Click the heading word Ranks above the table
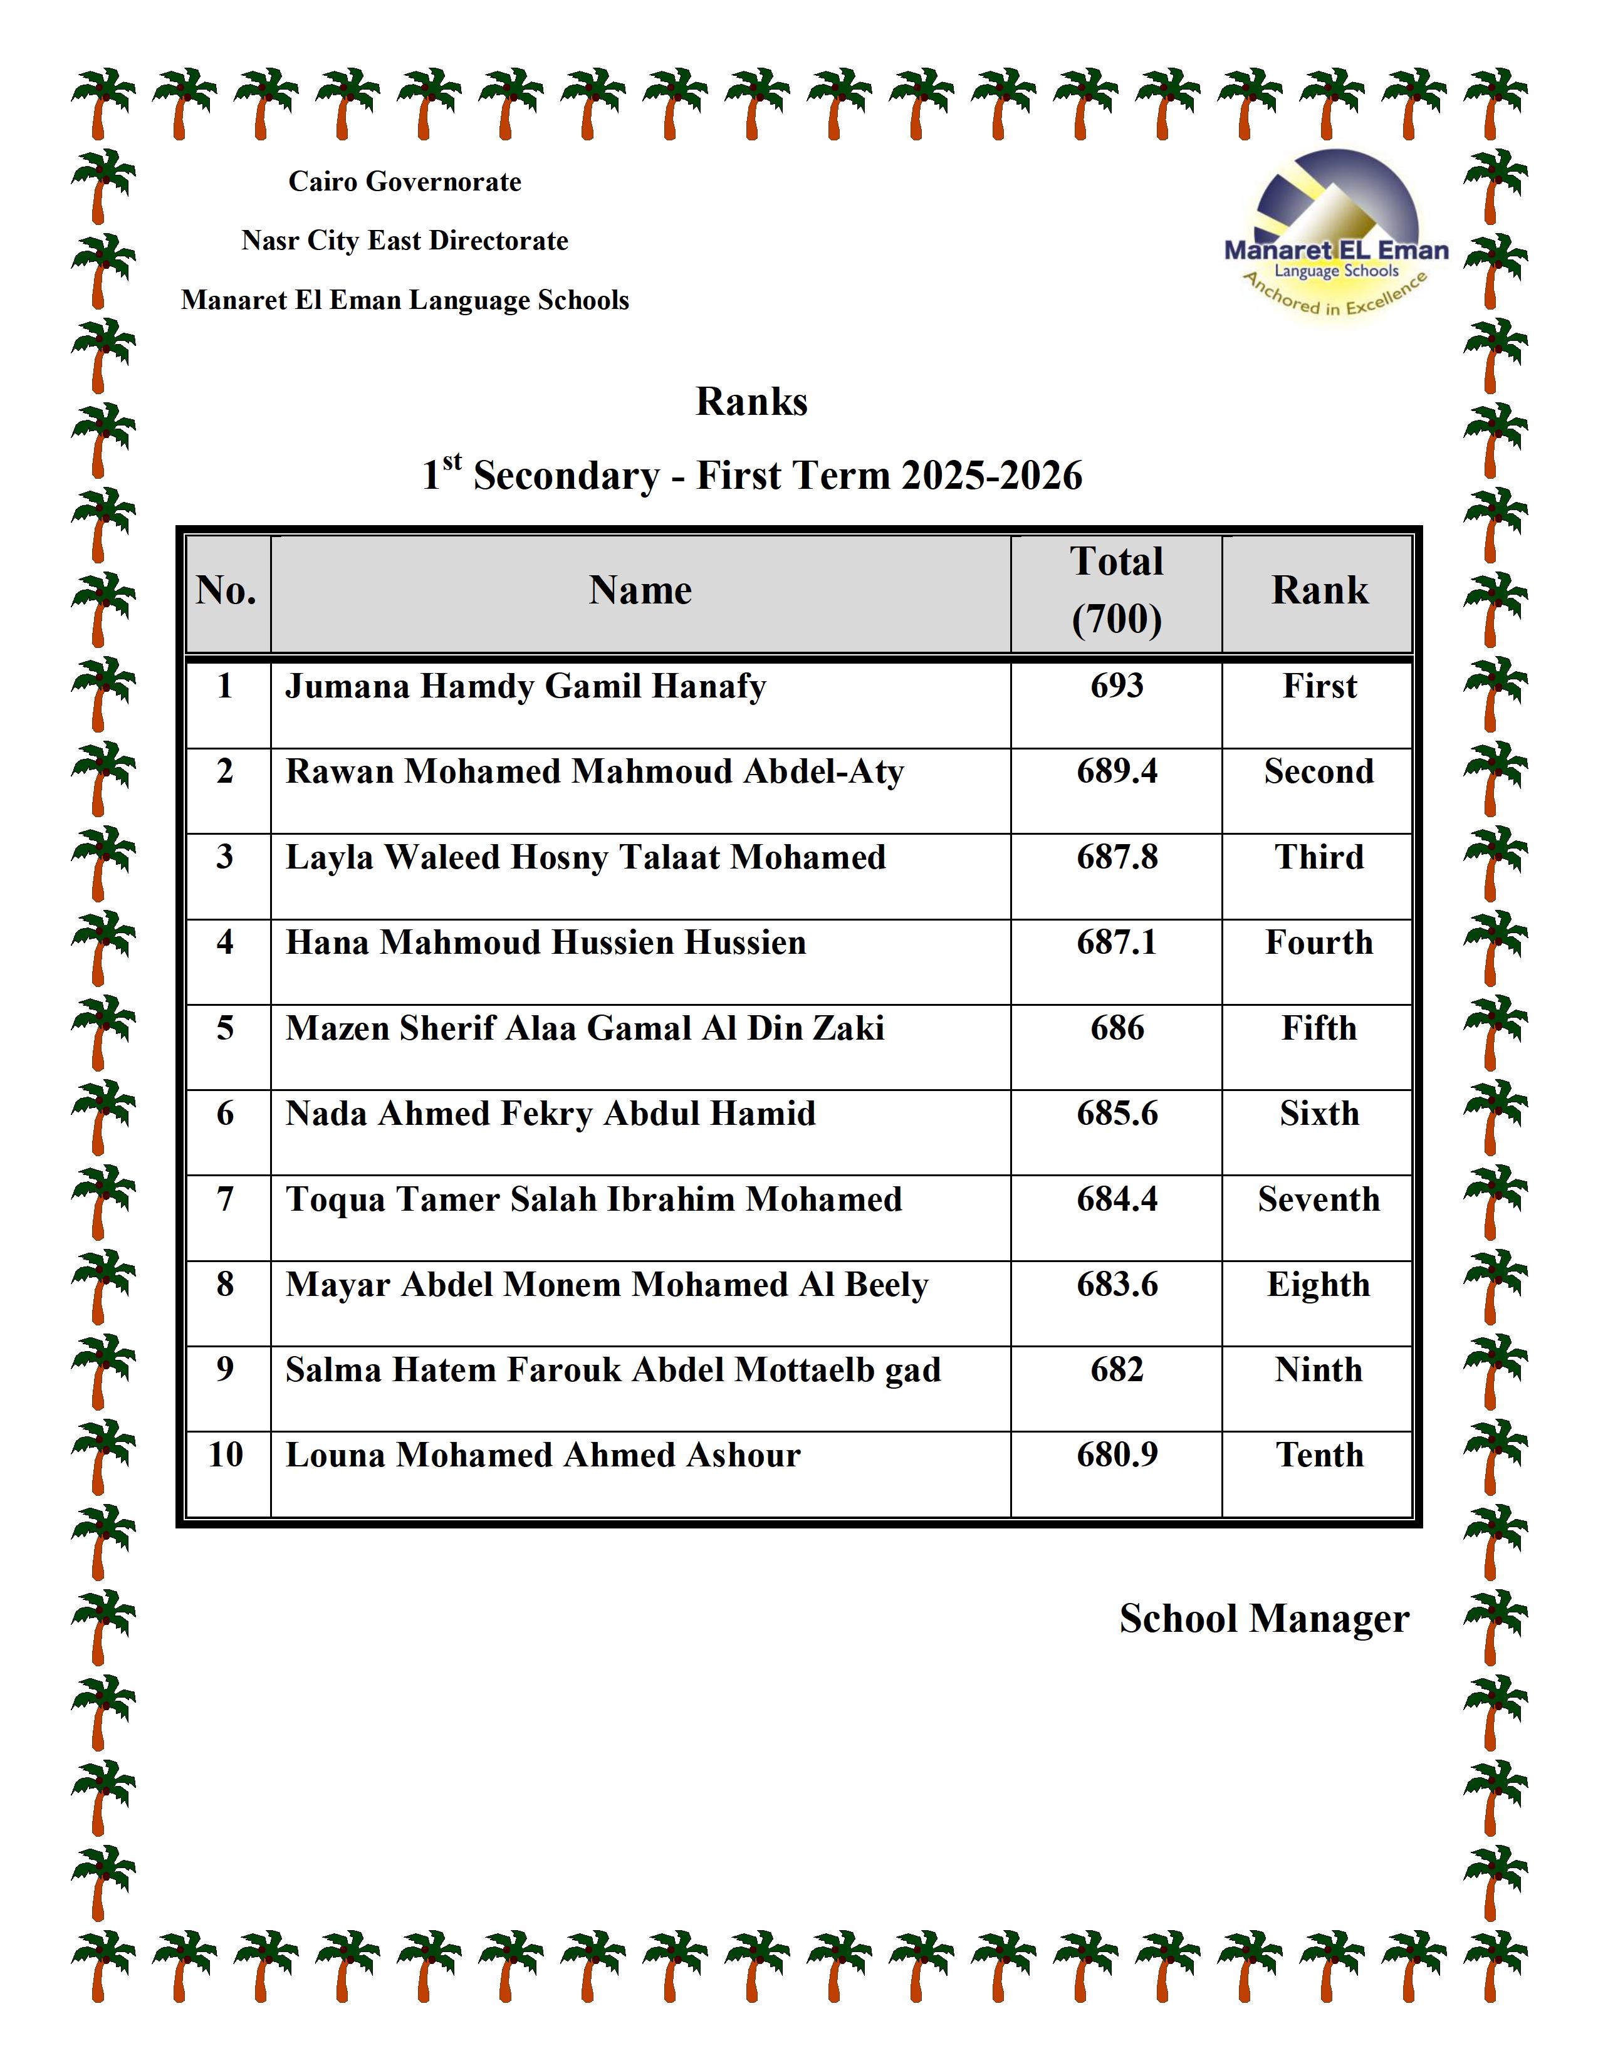(751, 402)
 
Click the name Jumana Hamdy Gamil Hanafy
(525, 686)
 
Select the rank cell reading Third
(1319, 857)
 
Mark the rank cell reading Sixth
(1319, 1114)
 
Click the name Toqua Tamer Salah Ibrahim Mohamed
(593, 1199)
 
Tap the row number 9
(226, 1369)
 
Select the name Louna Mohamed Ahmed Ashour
(543, 1455)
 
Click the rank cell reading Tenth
(1319, 1455)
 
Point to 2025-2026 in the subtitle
(991, 476)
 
